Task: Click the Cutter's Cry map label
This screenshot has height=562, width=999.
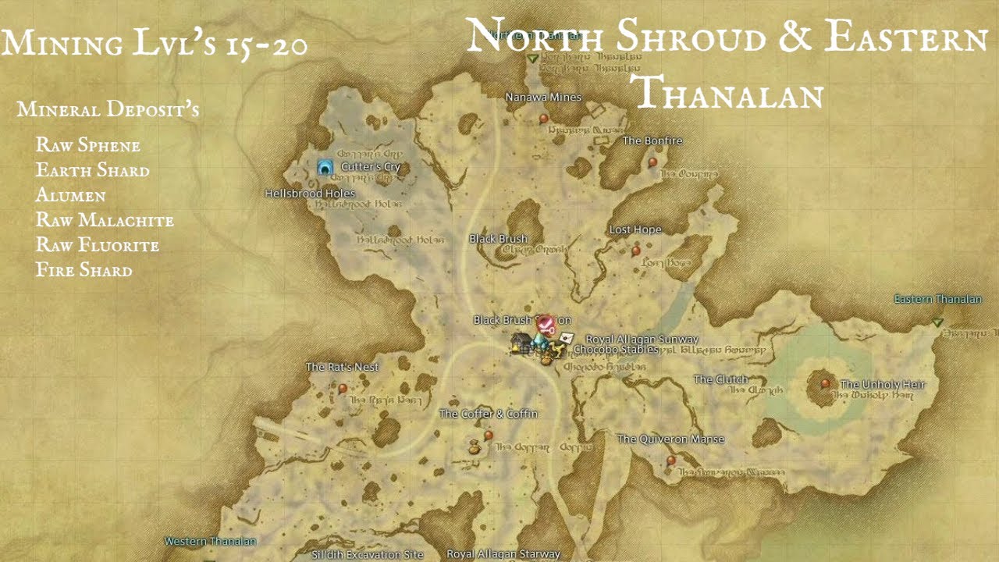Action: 371,166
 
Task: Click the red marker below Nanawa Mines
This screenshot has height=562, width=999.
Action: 544,119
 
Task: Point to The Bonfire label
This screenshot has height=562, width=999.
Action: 652,141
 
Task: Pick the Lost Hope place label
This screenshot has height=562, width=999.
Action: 635,229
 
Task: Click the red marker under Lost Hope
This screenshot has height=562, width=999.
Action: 636,251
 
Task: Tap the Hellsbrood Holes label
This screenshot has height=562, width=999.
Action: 310,194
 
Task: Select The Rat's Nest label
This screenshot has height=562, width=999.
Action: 342,367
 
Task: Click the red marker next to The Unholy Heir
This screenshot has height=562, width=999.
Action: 826,383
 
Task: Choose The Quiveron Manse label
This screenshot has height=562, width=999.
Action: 670,439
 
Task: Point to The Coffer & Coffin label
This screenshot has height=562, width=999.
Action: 489,414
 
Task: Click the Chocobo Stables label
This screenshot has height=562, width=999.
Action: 616,350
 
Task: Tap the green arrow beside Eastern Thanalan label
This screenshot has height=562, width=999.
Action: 937,322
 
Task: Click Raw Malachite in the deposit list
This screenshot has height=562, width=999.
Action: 105,220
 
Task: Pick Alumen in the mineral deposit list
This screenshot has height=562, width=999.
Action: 70,195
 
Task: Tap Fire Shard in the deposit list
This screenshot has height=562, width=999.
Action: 84,270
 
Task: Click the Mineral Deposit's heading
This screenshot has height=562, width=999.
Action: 108,110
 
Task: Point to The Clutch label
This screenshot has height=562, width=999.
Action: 720,380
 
